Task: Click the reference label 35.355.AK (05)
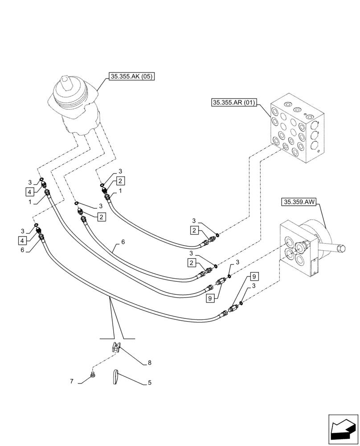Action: (x=131, y=77)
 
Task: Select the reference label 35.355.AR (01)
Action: (x=233, y=103)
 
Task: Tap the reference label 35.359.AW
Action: (x=299, y=202)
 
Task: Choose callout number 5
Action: (x=149, y=382)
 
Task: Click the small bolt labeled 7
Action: (x=93, y=376)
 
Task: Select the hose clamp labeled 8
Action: (x=115, y=347)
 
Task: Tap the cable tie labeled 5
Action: (x=115, y=376)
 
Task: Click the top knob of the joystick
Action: (x=67, y=82)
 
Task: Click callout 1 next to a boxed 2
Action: (x=120, y=190)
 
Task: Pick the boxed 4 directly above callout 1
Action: (x=29, y=192)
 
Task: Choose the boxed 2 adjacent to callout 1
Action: (x=120, y=181)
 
